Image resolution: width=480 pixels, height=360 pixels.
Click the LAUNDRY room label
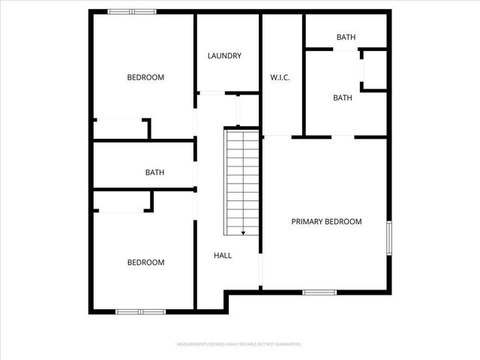click(224, 55)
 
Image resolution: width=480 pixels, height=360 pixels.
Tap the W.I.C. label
click(280, 78)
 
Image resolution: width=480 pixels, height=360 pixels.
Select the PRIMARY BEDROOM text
click(326, 222)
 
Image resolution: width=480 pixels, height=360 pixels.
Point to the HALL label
click(223, 256)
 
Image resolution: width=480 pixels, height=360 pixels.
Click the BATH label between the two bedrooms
click(154, 172)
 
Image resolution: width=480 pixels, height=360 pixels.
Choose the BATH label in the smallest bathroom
click(346, 37)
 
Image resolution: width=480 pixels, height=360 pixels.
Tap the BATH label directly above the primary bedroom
click(343, 98)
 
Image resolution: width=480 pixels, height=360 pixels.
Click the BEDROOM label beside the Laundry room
click(145, 77)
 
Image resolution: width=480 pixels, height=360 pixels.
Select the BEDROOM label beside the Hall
click(145, 262)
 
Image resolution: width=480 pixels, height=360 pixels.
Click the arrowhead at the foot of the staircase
click(243, 232)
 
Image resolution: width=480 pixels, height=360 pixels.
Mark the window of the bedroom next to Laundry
click(132, 11)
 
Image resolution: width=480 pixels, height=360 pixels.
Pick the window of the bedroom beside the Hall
click(141, 311)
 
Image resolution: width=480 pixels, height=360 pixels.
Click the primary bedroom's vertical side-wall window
click(388, 238)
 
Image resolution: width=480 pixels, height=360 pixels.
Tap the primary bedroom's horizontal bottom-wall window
click(319, 292)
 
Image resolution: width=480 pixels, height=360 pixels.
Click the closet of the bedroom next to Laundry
click(120, 128)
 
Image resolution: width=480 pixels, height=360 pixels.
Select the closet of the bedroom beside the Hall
click(122, 202)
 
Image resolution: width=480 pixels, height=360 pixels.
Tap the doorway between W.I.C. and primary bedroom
click(277, 136)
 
